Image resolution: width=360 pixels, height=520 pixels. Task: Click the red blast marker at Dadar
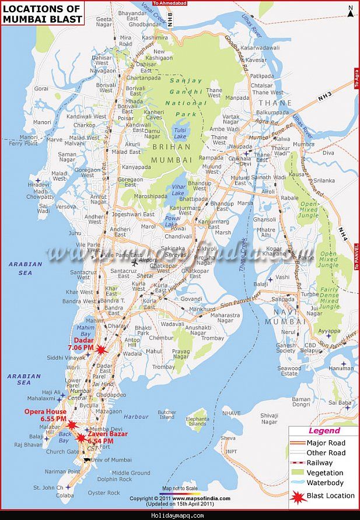coord(101,350)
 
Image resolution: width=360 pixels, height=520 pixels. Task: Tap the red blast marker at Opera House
coord(72,425)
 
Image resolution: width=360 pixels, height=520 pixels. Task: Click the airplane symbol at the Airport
coord(135,262)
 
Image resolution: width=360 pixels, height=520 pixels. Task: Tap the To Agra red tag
coord(355,76)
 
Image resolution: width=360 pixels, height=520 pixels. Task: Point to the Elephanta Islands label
coord(198,421)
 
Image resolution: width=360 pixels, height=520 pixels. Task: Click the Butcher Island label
coord(166,414)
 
